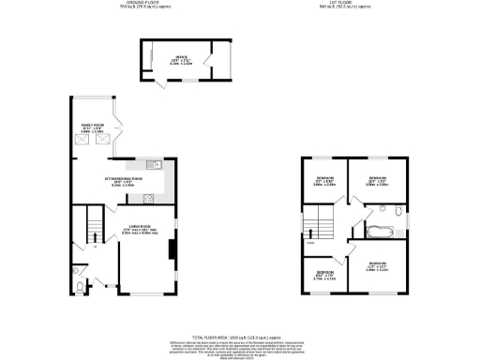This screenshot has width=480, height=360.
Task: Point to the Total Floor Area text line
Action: pyautogui.click(x=240, y=335)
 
